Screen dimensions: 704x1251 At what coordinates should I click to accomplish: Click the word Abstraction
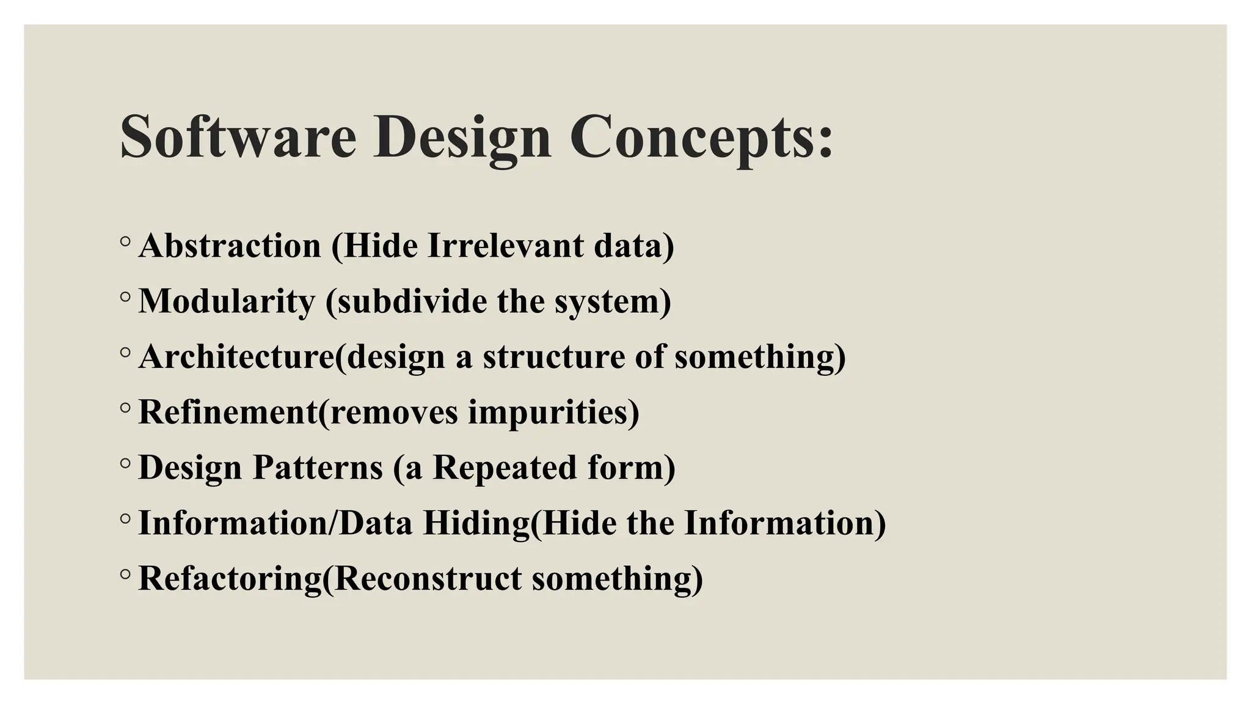[230, 246]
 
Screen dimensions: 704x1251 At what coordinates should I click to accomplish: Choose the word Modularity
[227, 301]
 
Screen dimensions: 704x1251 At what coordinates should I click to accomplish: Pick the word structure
[553, 356]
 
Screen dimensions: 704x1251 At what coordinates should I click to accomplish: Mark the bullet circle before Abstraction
[125, 242]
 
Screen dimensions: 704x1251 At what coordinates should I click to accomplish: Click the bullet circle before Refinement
[125, 408]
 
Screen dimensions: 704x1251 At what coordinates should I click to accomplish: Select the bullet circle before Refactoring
[125, 574]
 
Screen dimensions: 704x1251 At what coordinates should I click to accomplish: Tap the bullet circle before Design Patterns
[125, 463]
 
